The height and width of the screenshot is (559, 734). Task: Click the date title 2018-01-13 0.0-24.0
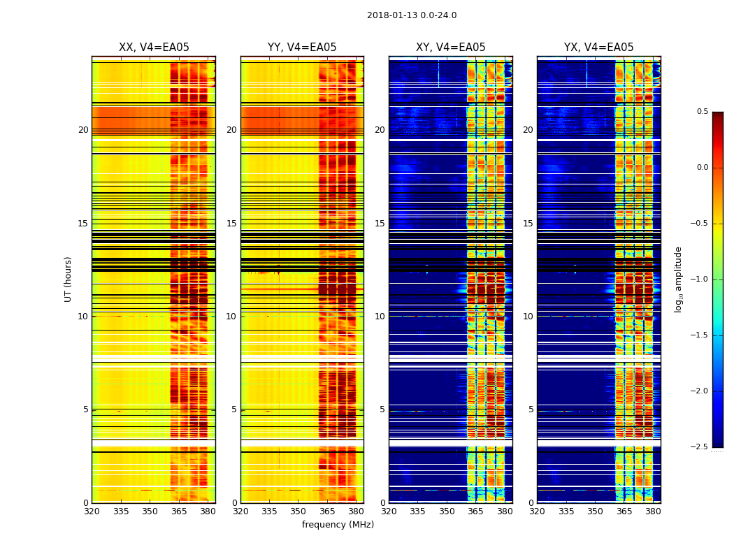pyautogui.click(x=412, y=15)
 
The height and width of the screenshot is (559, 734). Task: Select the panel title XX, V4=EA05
pyautogui.click(x=154, y=48)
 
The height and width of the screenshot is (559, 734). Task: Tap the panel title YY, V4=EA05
pyautogui.click(x=302, y=48)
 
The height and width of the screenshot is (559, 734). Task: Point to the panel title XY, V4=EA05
pyautogui.click(x=451, y=48)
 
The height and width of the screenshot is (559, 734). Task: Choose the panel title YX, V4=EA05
pyautogui.click(x=599, y=48)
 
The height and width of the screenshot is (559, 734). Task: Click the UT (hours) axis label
pyautogui.click(x=69, y=279)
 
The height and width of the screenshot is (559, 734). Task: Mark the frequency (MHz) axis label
pyautogui.click(x=338, y=525)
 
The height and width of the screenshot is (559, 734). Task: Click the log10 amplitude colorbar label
pyautogui.click(x=678, y=279)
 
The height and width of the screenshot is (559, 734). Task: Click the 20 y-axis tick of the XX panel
pyautogui.click(x=83, y=130)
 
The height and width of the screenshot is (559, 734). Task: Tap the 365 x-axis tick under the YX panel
pyautogui.click(x=624, y=511)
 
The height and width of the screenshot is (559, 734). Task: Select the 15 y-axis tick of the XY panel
pyautogui.click(x=380, y=224)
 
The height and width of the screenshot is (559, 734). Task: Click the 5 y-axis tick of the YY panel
pyautogui.click(x=234, y=409)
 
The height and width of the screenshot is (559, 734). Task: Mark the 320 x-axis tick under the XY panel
pyautogui.click(x=389, y=511)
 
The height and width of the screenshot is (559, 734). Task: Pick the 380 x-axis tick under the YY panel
pyautogui.click(x=356, y=511)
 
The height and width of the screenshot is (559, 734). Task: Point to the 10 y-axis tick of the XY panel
pyautogui.click(x=380, y=317)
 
